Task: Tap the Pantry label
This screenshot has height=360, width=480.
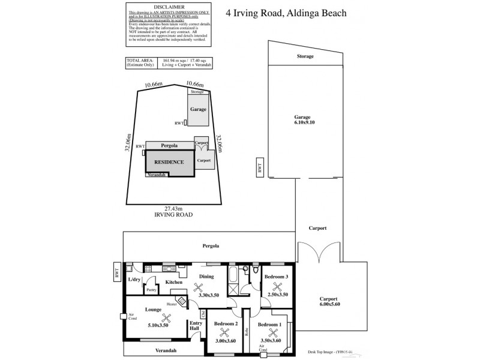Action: pyautogui.click(x=152, y=290)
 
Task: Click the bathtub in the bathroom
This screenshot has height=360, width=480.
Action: pyautogui.click(x=232, y=280)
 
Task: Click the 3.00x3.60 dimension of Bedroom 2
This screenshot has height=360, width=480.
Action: pyautogui.click(x=226, y=340)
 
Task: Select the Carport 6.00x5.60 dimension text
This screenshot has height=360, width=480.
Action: pyautogui.click(x=329, y=304)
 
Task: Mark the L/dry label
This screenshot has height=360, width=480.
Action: pyautogui.click(x=134, y=279)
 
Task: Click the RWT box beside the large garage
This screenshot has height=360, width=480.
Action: pyautogui.click(x=260, y=169)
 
